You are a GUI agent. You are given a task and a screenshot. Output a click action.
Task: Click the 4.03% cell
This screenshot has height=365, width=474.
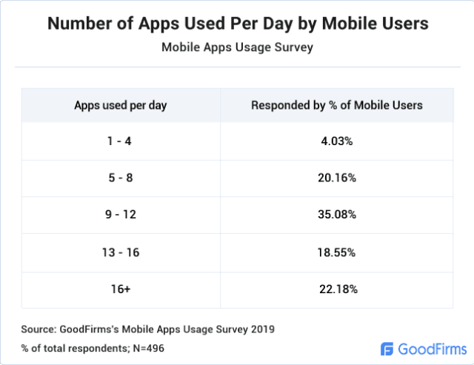point(337,141)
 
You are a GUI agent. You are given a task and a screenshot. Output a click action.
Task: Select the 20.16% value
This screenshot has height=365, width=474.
point(337,178)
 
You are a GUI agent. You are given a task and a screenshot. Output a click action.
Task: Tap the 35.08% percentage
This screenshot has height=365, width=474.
point(337,215)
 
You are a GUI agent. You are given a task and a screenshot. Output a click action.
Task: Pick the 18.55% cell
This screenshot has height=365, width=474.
point(337,252)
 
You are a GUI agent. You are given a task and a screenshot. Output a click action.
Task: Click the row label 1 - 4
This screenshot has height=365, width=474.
point(121,141)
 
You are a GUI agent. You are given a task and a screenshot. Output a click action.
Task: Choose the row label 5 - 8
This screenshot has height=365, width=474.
point(121,178)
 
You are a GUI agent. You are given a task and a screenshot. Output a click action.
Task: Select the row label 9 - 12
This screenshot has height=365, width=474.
point(121,215)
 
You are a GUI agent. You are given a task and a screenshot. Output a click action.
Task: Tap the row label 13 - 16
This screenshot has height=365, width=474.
point(121,252)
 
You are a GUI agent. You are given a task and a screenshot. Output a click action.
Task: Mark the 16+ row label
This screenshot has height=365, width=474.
point(121,289)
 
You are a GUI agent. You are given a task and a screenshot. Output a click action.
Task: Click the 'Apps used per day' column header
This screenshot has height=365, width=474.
point(121,105)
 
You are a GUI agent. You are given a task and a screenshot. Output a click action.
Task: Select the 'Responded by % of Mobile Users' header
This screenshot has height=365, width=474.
point(337,105)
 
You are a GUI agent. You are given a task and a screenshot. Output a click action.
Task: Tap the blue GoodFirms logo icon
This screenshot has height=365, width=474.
point(387,348)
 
